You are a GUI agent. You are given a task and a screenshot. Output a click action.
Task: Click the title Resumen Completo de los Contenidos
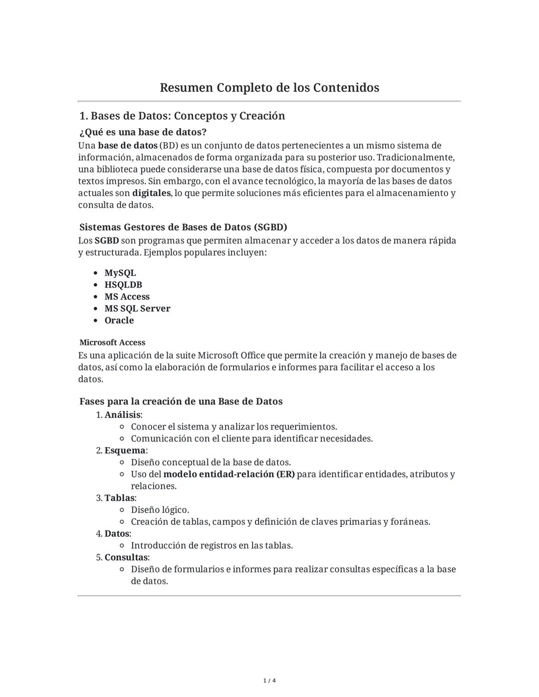coord(269,88)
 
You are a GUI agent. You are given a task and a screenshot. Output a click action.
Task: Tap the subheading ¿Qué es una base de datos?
coord(143,132)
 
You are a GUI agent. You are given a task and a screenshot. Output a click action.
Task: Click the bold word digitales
coord(151,193)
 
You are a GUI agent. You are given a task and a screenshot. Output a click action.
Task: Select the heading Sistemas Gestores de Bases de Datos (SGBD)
coord(183,227)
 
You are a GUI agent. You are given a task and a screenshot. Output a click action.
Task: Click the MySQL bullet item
coord(120,273)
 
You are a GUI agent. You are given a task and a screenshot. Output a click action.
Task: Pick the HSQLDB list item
coord(123,285)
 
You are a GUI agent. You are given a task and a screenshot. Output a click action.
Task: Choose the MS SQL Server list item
coord(137,308)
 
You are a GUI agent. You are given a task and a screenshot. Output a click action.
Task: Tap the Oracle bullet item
coord(119,320)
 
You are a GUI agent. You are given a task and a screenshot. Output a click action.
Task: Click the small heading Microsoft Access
coord(112,342)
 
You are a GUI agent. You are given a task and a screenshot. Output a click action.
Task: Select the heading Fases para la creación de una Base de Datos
coord(181,401)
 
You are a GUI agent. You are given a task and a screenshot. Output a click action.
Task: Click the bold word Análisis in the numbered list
coord(122,415)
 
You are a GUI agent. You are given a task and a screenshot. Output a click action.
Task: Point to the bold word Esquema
coord(125,451)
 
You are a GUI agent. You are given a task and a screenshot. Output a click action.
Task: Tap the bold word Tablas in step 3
coord(119,498)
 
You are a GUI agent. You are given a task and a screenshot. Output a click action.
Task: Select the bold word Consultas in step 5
coord(126,557)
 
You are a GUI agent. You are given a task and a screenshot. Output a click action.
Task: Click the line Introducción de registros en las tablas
coord(212,545)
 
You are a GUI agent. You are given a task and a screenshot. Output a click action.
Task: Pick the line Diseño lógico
coord(160,510)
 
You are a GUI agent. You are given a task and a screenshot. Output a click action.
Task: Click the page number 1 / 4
coord(269,681)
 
